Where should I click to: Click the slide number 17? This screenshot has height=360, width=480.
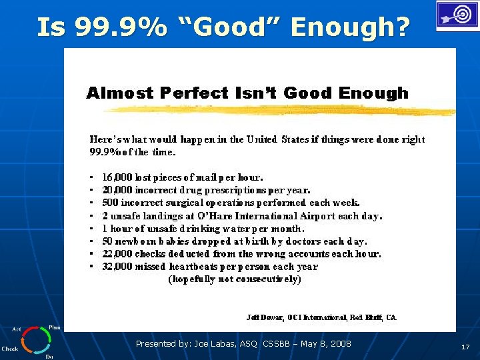point(465,347)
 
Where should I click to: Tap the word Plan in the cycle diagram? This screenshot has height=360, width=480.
point(55,327)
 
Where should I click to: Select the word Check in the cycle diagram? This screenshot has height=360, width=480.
point(10,349)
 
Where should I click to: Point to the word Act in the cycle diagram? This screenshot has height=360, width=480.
point(16,329)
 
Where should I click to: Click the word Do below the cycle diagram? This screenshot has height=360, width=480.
point(49,357)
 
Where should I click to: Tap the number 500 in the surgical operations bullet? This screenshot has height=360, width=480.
point(110,203)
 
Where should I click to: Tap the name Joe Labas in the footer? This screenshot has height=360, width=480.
point(211,344)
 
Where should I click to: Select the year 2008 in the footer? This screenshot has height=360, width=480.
point(339,344)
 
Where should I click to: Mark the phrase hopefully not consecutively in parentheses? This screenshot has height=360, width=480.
point(235,279)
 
